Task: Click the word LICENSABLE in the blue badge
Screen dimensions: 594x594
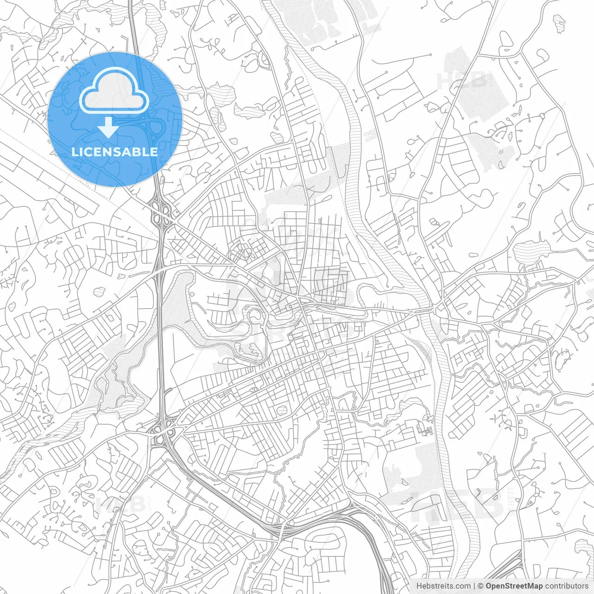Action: (x=115, y=152)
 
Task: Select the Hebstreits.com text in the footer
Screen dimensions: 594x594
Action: (x=443, y=586)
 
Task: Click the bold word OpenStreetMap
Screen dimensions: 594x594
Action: (x=514, y=586)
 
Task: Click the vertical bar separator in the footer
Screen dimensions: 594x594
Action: (x=474, y=586)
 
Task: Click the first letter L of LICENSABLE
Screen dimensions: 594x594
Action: (x=74, y=152)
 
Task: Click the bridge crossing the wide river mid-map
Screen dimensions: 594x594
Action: (x=427, y=309)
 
